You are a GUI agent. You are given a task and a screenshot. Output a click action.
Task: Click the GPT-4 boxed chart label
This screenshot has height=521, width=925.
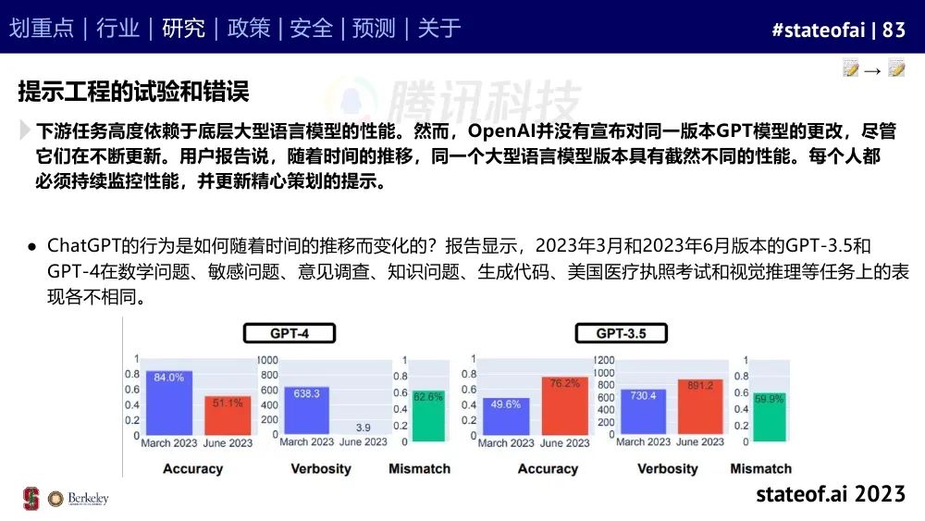pyautogui.click(x=289, y=333)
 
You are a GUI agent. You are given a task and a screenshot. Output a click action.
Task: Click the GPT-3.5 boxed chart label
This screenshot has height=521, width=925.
pyautogui.click(x=622, y=333)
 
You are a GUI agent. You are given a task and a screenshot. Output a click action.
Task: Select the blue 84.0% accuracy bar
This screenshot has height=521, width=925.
pyautogui.click(x=169, y=403)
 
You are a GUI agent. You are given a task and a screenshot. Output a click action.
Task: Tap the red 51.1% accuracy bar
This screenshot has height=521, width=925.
pyautogui.click(x=228, y=416)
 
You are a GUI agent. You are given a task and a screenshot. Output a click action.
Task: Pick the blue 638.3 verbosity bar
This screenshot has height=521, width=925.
pyautogui.click(x=307, y=410)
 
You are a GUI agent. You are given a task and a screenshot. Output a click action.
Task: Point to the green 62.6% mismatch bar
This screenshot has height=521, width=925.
pyautogui.click(x=428, y=416)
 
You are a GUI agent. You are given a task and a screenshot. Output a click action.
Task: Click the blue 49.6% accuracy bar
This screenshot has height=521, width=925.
pyautogui.click(x=506, y=416)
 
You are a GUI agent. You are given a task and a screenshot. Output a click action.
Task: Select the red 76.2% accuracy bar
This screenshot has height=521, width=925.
pyautogui.click(x=565, y=406)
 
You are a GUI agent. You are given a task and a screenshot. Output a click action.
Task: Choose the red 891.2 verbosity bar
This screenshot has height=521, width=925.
pyautogui.click(x=700, y=407)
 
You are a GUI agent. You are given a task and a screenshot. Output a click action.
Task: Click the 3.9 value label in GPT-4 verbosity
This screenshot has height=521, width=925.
pyautogui.click(x=364, y=428)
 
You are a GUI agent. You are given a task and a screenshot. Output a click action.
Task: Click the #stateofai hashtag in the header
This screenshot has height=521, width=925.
pyautogui.click(x=819, y=30)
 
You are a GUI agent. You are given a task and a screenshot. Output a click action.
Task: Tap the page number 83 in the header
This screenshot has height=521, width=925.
pyautogui.click(x=894, y=30)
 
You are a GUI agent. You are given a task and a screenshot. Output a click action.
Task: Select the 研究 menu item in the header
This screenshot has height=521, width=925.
pyautogui.click(x=183, y=28)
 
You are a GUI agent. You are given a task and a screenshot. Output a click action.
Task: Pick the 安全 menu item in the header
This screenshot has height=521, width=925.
pyautogui.click(x=312, y=28)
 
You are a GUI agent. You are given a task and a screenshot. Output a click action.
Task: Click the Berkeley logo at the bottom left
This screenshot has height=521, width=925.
pyautogui.click(x=79, y=499)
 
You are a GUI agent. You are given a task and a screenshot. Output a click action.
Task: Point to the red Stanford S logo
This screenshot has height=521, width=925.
pyautogui.click(x=31, y=499)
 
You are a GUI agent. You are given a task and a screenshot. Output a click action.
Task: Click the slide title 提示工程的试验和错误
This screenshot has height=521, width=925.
pyautogui.click(x=134, y=92)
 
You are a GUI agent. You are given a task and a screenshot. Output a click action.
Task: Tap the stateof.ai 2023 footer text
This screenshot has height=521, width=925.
pyautogui.click(x=831, y=493)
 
